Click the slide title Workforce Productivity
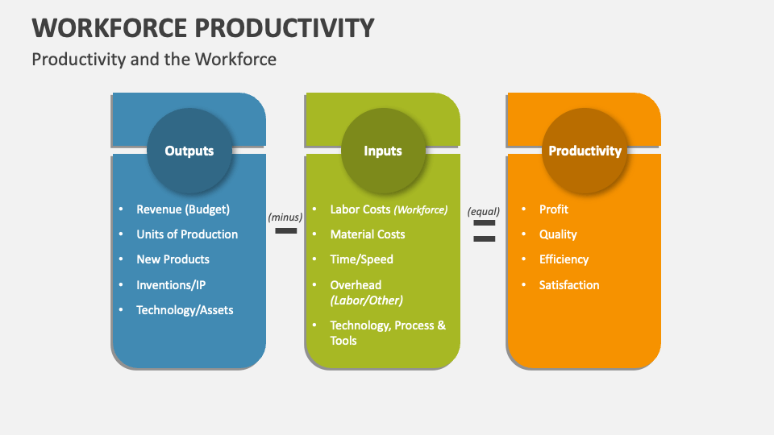(x=203, y=27)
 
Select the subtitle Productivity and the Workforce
(x=153, y=59)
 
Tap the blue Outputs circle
(x=189, y=151)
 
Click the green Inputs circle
(x=383, y=151)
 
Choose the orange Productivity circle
(x=585, y=151)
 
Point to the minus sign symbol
(x=285, y=231)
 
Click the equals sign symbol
(x=484, y=230)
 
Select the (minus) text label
(x=285, y=217)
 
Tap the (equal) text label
(x=484, y=212)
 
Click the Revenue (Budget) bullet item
(x=183, y=209)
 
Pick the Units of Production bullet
(x=187, y=234)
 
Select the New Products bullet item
(x=173, y=259)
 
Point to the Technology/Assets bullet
(x=185, y=310)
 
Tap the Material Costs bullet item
(x=368, y=234)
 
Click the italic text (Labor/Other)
(x=366, y=300)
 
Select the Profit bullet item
(x=554, y=209)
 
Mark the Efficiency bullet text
(x=564, y=259)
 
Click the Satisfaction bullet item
(x=569, y=285)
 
